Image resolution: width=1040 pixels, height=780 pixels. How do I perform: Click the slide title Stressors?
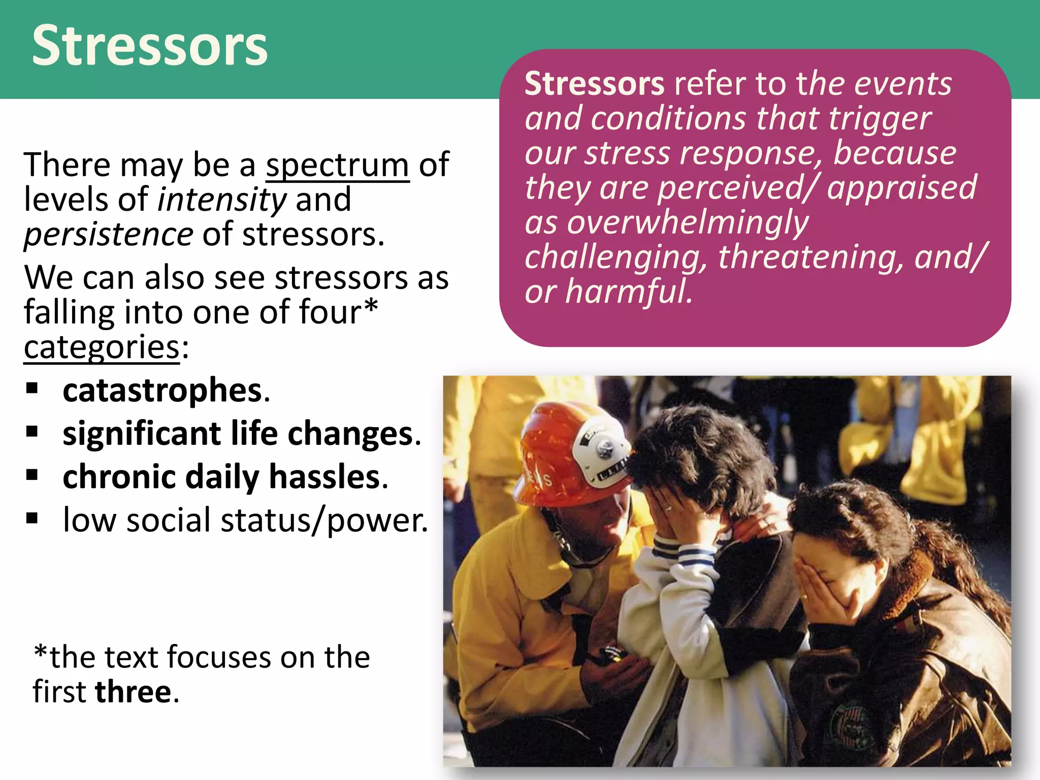150,46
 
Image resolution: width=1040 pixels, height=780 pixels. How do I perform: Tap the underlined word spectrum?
337,165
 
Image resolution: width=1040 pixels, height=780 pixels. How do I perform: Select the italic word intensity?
222,200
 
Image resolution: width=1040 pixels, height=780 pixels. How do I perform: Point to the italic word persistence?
108,235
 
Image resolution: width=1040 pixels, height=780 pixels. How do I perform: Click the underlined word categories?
102,348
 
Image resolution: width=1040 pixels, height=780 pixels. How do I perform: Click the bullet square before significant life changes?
32,432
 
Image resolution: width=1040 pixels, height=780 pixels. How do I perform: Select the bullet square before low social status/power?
32,518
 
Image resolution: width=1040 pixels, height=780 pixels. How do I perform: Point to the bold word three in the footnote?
134,692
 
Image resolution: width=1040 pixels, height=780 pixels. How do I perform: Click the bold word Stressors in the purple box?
594,84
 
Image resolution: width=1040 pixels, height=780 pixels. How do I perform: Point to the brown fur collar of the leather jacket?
909,574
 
